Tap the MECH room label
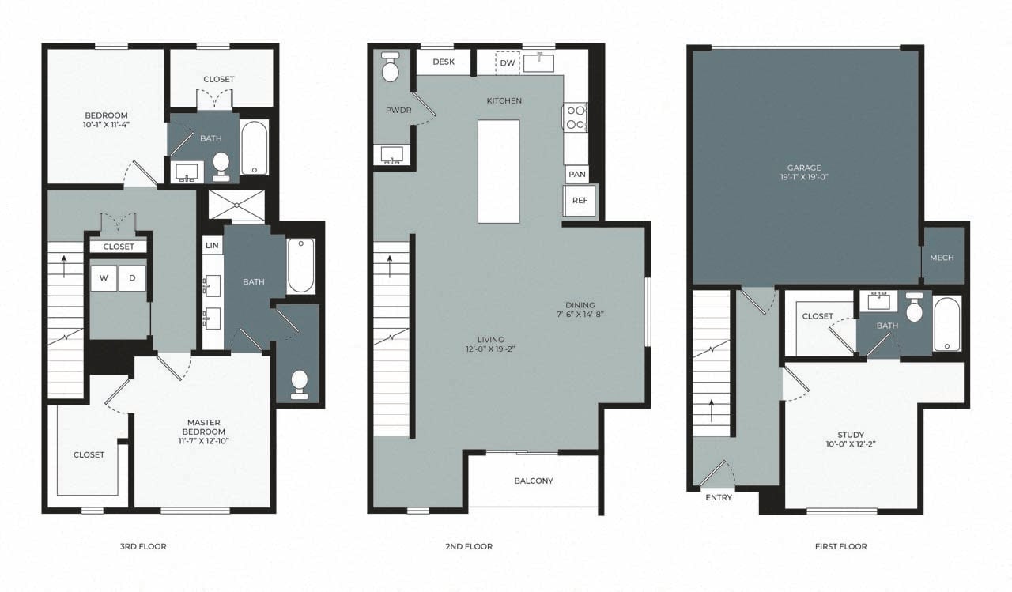tap(942, 258)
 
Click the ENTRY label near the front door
tap(718, 497)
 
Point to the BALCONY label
tap(534, 481)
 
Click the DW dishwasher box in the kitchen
tap(507, 62)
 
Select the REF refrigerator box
tap(580, 201)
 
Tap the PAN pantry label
tap(576, 175)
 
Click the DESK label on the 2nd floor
tap(444, 62)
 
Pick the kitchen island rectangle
tap(498, 171)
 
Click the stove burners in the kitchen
tap(575, 118)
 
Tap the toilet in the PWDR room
tap(391, 69)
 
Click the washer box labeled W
tap(103, 278)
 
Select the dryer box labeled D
tap(132, 278)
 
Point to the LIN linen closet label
tap(212, 246)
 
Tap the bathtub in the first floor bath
tap(946, 324)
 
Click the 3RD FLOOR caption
tap(142, 546)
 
